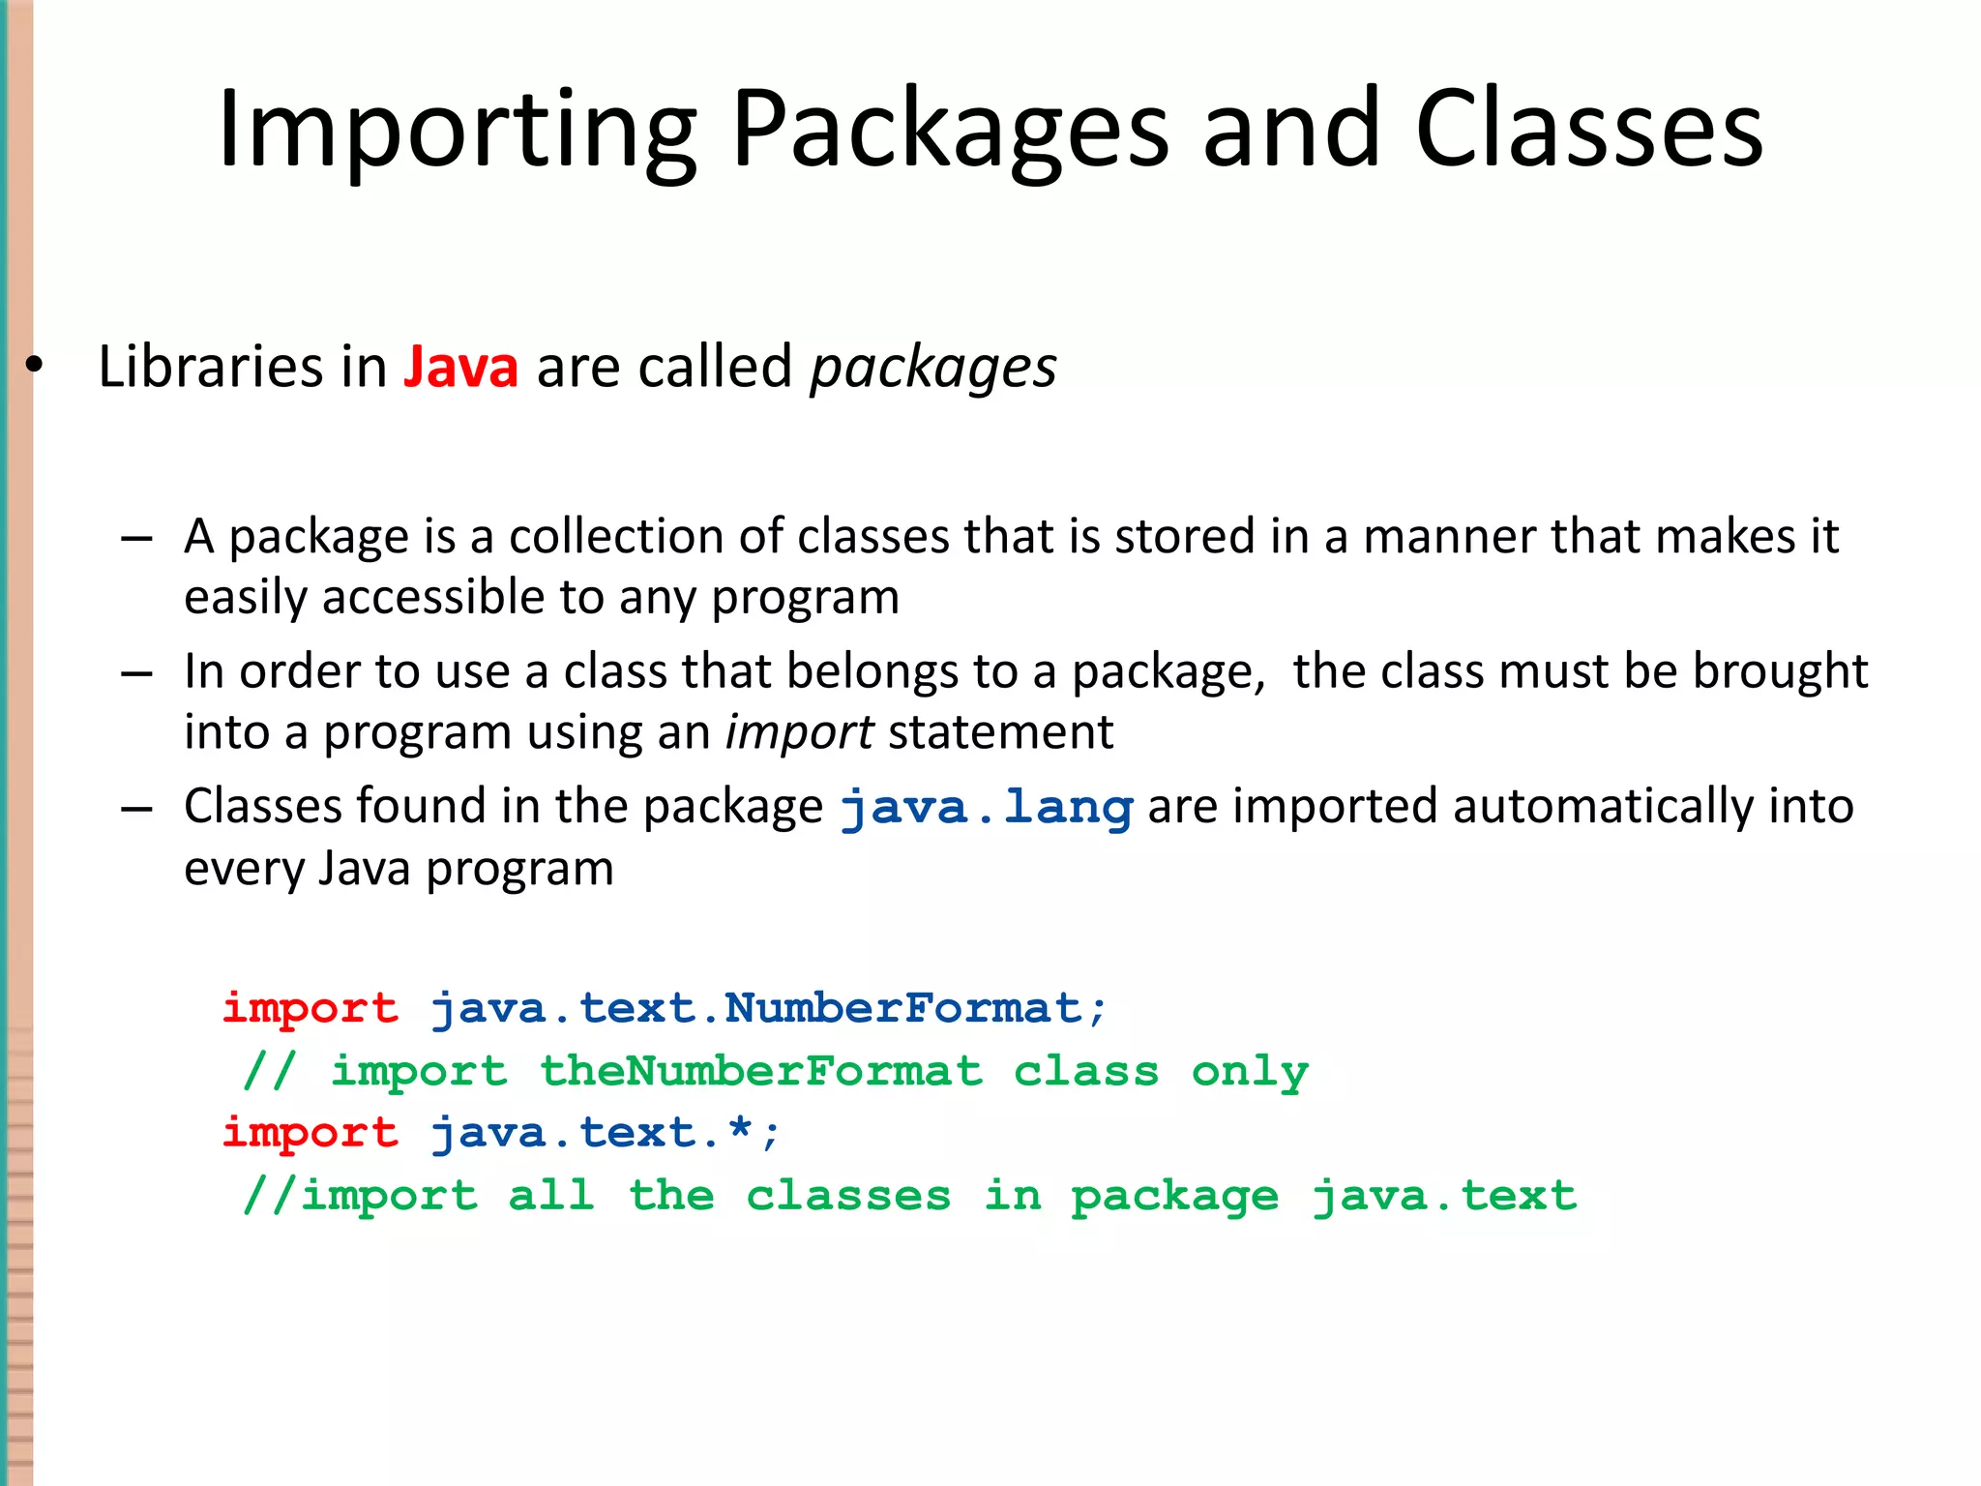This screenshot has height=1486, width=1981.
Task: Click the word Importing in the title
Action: (456, 131)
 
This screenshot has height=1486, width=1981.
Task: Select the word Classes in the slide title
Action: (1589, 131)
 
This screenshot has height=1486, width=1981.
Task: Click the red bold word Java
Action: (460, 368)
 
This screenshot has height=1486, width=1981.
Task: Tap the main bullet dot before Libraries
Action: (35, 367)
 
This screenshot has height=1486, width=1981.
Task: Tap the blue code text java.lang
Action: (986, 808)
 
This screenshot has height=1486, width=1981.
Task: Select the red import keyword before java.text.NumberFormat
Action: (310, 1009)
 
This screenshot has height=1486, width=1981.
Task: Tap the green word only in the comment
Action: (1250, 1072)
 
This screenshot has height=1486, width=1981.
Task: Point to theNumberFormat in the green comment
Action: (761, 1072)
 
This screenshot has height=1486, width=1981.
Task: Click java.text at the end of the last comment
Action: (1444, 1197)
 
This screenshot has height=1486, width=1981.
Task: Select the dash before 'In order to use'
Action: (136, 673)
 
